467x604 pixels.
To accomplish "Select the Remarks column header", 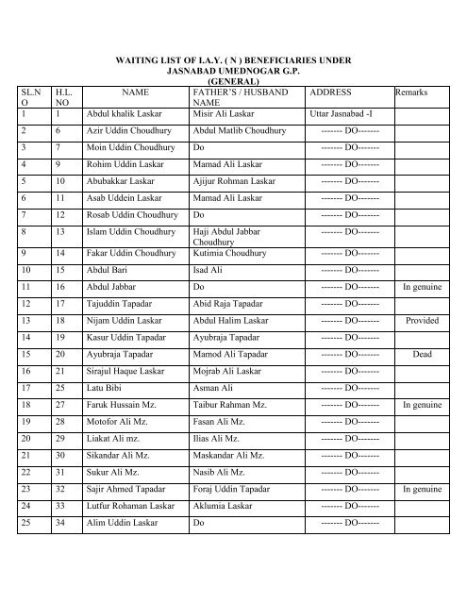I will (x=415, y=93).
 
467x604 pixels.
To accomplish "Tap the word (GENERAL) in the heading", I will (x=232, y=81).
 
